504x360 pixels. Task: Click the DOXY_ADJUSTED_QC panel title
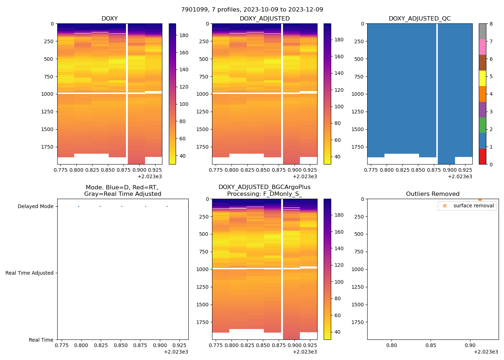point(419,19)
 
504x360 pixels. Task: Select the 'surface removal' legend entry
point(473,206)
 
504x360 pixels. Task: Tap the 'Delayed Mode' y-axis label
point(35,206)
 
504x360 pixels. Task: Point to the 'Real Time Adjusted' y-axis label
point(30,273)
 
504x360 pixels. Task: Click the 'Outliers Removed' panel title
point(433,194)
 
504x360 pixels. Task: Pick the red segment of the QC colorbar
point(482,157)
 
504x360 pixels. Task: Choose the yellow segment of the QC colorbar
point(482,78)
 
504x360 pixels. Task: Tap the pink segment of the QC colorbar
point(482,47)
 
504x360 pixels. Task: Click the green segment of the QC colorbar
point(482,125)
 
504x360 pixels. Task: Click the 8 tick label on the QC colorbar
point(491,24)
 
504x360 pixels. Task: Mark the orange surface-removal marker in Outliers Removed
point(480,199)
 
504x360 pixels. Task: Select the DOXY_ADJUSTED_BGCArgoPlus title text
point(264,187)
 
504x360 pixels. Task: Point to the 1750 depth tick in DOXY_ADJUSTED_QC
point(357,147)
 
